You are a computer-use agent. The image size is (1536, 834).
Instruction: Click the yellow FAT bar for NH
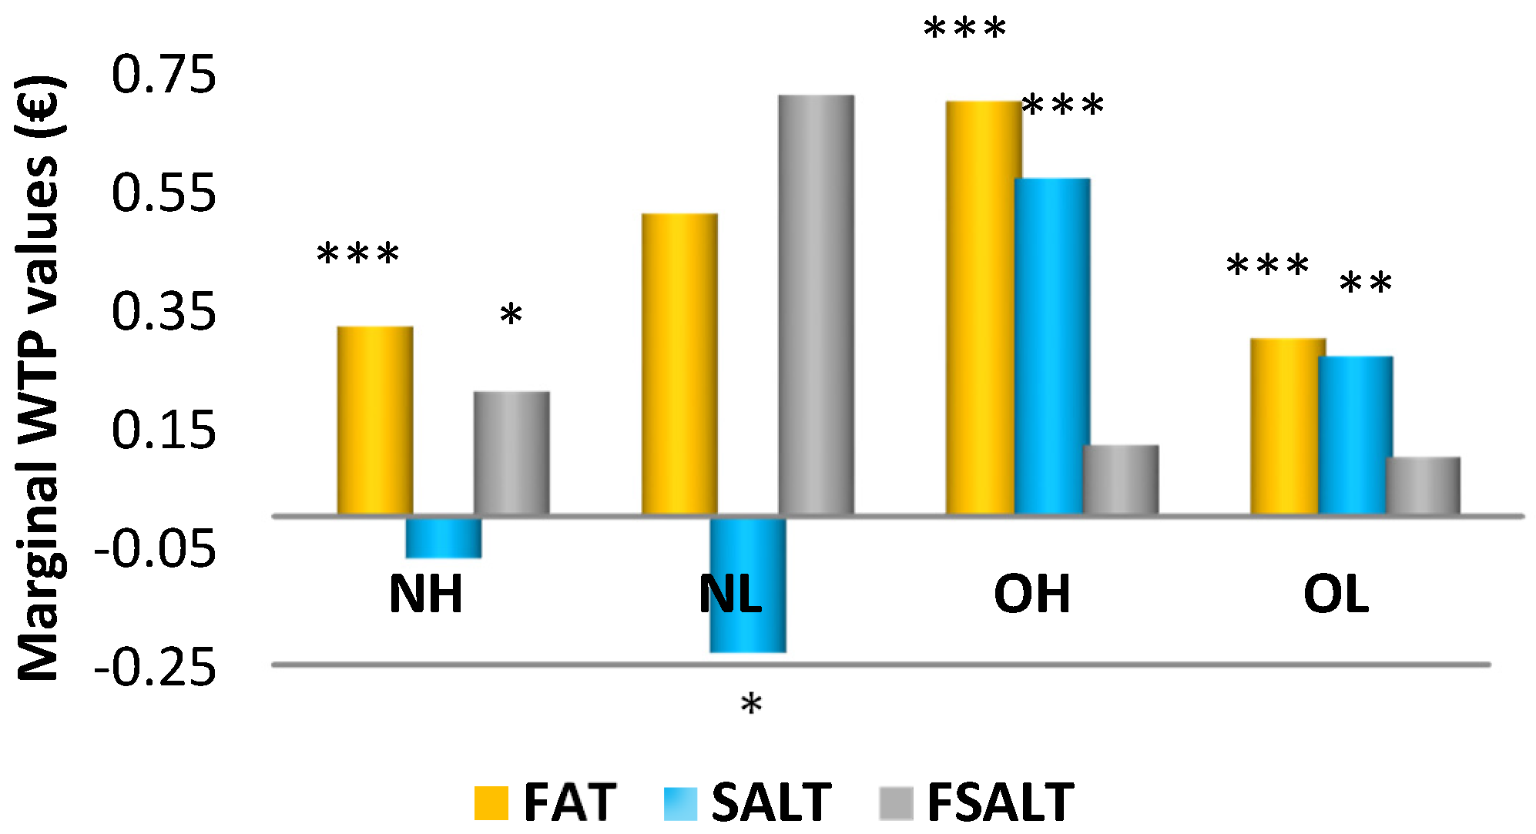tap(375, 420)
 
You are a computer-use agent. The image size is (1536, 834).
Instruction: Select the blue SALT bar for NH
tap(444, 538)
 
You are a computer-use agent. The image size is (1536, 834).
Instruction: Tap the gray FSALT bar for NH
tap(511, 453)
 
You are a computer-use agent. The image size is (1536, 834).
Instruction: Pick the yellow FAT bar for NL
tap(679, 363)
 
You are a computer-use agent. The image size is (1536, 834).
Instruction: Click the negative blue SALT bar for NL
tap(748, 585)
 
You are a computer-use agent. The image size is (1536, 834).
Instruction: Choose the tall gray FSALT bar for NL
tap(817, 304)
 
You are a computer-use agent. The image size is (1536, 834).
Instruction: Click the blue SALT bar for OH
tap(1052, 346)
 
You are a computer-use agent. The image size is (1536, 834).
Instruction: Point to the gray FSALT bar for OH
tap(1121, 479)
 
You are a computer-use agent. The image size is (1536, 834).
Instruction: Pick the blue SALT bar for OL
tap(1356, 435)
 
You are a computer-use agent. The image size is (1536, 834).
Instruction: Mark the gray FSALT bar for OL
tap(1423, 485)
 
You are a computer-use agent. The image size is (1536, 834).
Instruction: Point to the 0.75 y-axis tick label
tap(164, 75)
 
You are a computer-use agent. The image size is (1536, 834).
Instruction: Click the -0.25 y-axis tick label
tap(155, 667)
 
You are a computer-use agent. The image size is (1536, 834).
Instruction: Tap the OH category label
tap(1032, 595)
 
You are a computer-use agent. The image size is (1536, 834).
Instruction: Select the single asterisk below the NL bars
tap(751, 704)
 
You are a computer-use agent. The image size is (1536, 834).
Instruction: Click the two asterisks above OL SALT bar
tap(1366, 283)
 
